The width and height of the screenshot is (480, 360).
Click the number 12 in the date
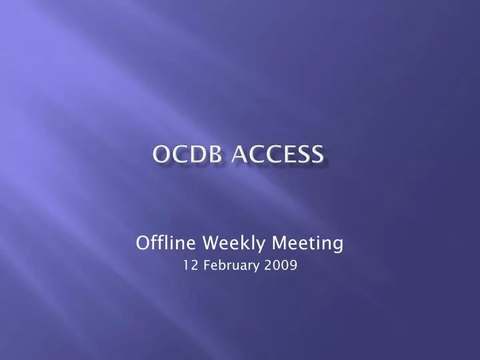pyautogui.click(x=189, y=266)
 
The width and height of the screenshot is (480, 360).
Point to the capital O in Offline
pyautogui.click(x=141, y=243)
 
